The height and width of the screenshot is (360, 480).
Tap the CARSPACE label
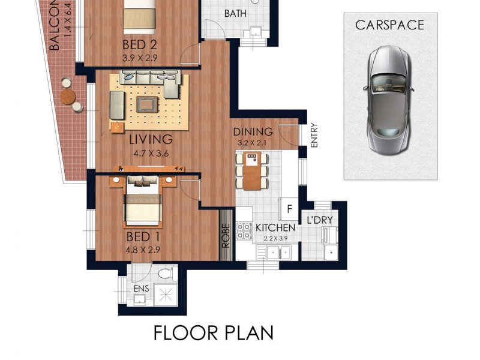click(x=389, y=25)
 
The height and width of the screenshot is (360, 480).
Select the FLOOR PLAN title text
click(x=214, y=332)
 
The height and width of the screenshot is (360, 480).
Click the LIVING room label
click(x=151, y=139)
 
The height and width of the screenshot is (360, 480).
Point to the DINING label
click(x=253, y=132)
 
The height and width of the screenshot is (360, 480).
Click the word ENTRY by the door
click(x=314, y=135)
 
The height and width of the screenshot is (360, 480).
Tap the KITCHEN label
click(x=275, y=228)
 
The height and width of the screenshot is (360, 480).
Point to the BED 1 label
click(x=142, y=237)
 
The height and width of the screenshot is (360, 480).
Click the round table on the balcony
click(x=68, y=96)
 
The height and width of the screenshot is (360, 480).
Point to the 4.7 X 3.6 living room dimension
click(x=151, y=154)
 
